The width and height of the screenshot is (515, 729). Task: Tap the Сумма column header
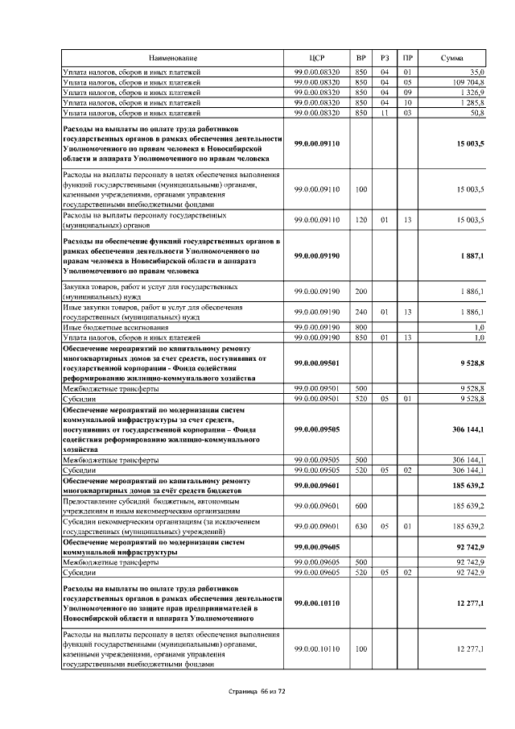(x=451, y=59)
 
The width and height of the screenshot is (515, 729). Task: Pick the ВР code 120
(x=360, y=219)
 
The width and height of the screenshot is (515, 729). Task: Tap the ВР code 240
(x=360, y=312)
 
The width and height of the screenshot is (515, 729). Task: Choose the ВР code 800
(x=360, y=327)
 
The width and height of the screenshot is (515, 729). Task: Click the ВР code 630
(x=360, y=525)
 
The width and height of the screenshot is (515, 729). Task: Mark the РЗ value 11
(x=385, y=112)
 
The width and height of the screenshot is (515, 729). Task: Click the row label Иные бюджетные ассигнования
(x=113, y=327)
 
